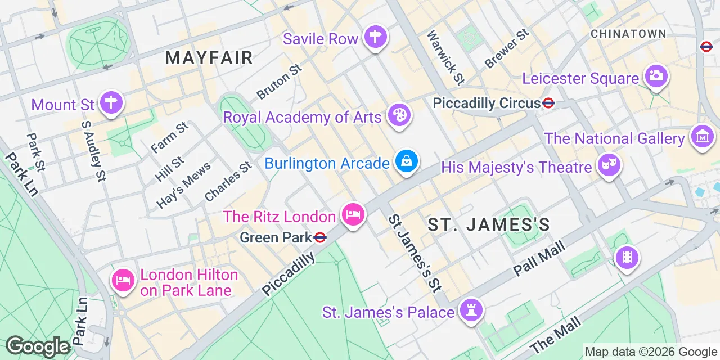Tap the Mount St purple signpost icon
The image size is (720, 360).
pyautogui.click(x=111, y=103)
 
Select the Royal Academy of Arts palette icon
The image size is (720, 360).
pyautogui.click(x=399, y=116)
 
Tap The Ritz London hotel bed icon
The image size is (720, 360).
pyautogui.click(x=353, y=215)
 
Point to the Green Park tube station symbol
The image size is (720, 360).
pyautogui.click(x=321, y=237)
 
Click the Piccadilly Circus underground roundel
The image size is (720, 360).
pyautogui.click(x=549, y=103)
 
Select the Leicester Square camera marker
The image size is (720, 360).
pyautogui.click(x=656, y=76)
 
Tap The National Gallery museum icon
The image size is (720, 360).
pyautogui.click(x=703, y=137)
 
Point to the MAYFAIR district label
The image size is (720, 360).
pyautogui.click(x=209, y=57)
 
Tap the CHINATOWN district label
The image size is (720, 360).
pyautogui.click(x=628, y=34)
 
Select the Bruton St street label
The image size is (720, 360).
pyautogui.click(x=280, y=82)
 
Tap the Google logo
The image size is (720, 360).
pyautogui.click(x=38, y=346)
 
